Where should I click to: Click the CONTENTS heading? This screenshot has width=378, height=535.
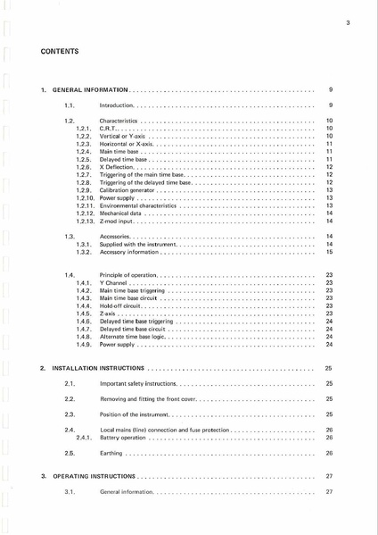59,51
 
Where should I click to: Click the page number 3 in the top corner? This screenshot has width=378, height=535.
349,22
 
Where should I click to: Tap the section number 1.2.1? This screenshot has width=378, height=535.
85,128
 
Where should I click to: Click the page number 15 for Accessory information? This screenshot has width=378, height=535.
329,252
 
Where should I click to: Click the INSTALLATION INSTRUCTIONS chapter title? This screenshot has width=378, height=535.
98,368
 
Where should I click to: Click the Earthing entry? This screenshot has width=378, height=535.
111,453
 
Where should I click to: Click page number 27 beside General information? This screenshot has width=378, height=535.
329,492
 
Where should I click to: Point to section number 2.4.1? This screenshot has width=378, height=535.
85,438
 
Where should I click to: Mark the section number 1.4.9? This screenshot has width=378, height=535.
85,345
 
